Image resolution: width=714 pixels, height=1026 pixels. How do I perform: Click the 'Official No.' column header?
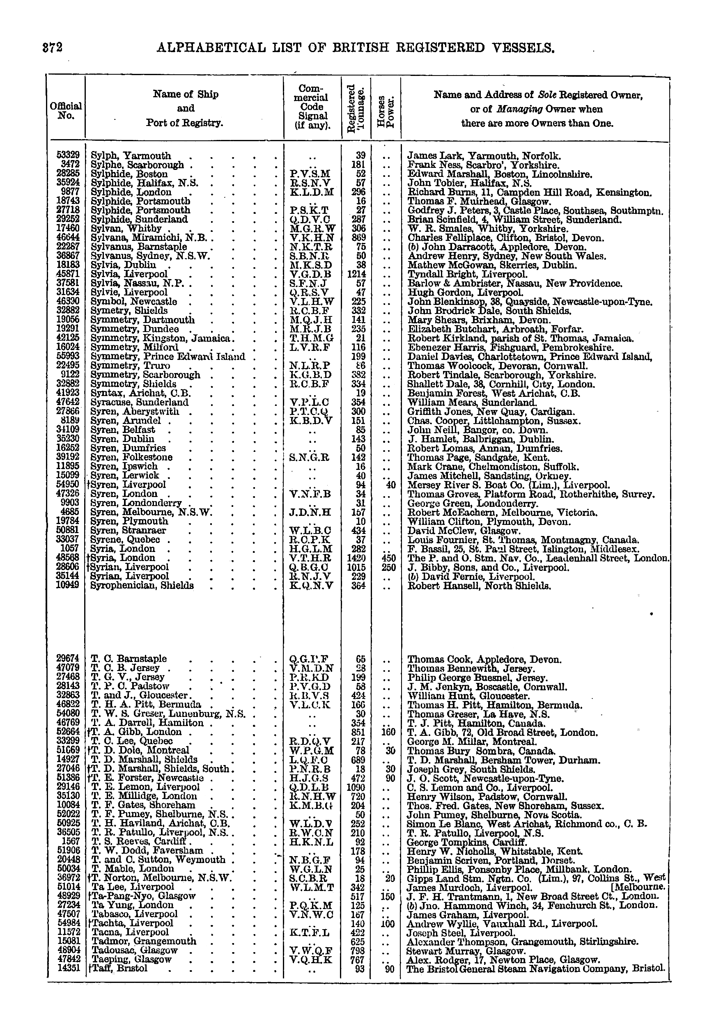(x=66, y=110)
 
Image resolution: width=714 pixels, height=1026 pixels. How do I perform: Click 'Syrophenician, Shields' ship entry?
(x=142, y=585)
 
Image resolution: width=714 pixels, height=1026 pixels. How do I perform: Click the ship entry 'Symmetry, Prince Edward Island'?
(x=168, y=356)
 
